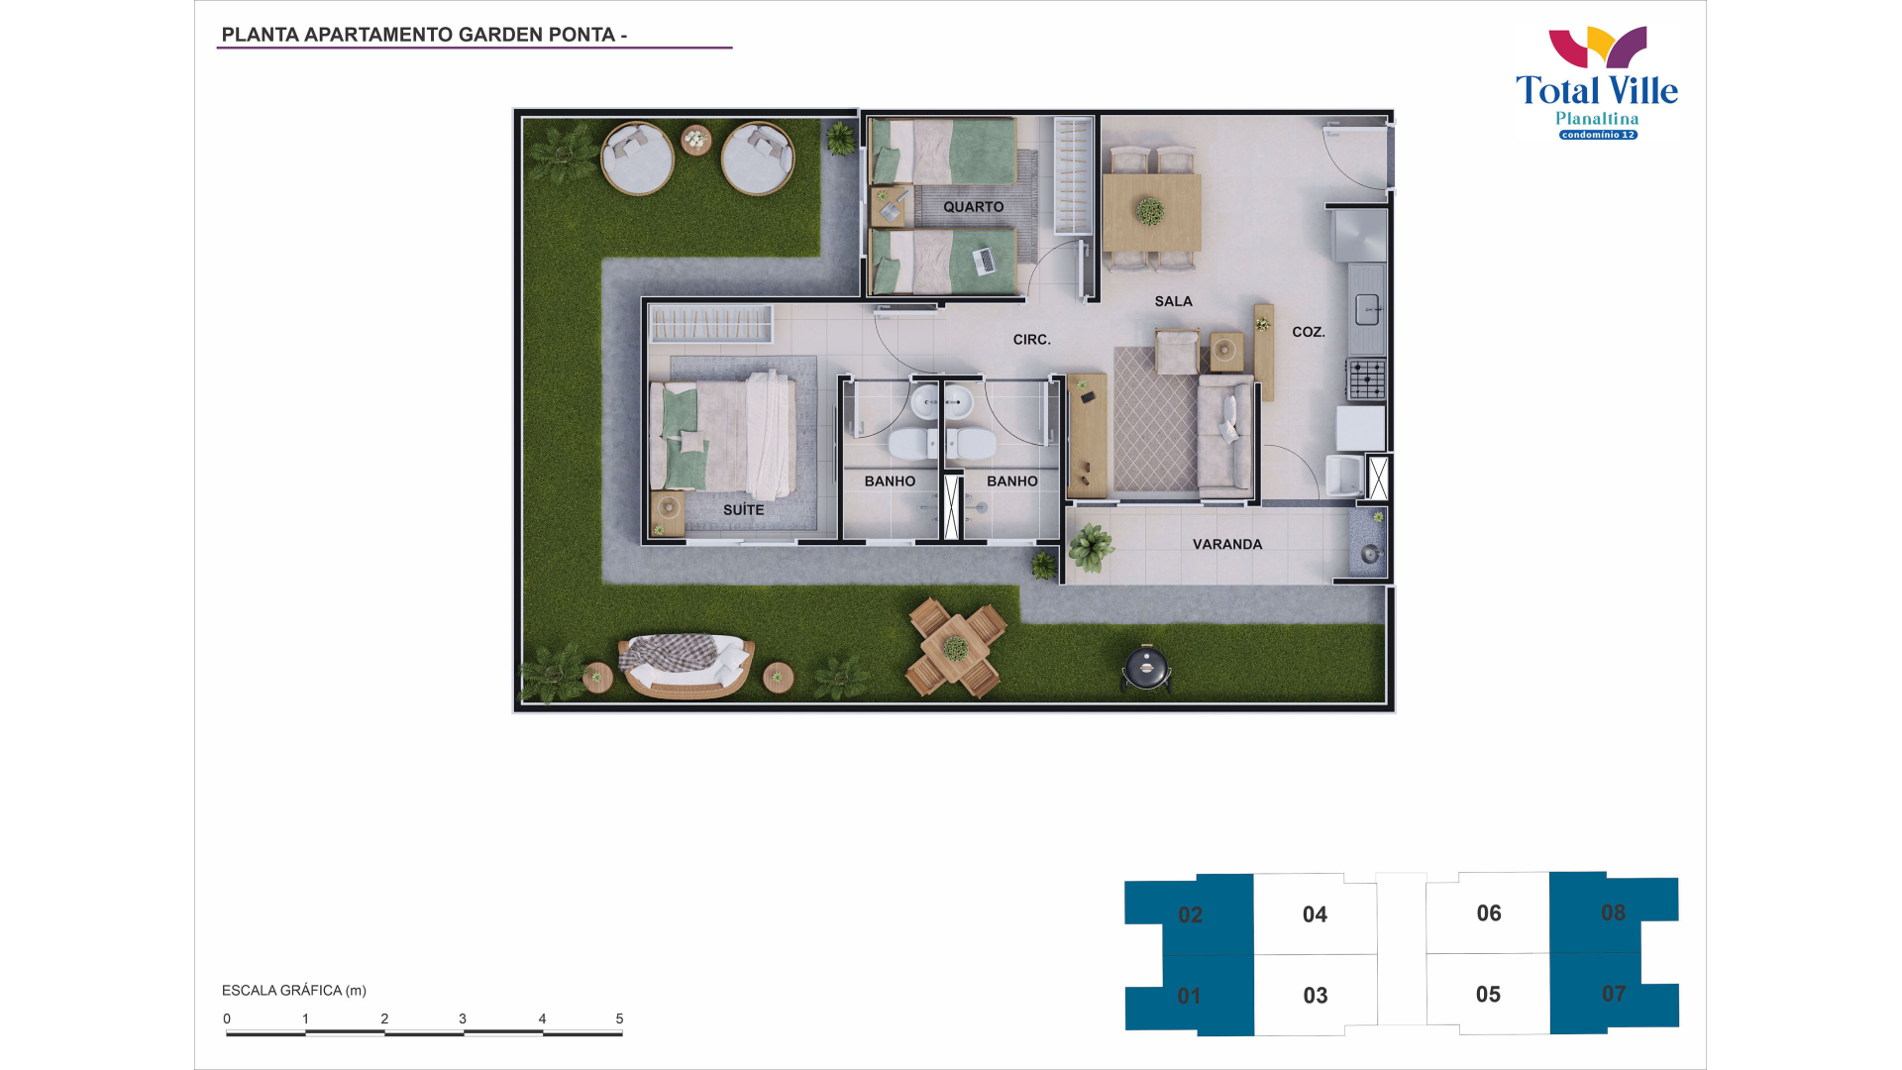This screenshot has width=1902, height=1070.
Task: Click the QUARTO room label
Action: pos(973,207)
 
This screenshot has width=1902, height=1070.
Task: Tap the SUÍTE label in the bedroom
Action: pos(743,509)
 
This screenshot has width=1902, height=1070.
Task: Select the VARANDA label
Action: pos(1227,544)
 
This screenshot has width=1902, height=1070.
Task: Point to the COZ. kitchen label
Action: pos(1309,332)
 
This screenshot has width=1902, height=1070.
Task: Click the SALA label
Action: pos(1173,301)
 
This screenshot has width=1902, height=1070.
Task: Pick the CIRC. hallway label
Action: pos(1031,340)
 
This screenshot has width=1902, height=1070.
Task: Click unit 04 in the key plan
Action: pos(1315,914)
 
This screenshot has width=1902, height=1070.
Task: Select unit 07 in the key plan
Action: pos(1614,993)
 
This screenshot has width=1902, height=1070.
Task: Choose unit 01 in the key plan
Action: pos(1189,996)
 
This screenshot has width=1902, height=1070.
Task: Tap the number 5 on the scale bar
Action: pos(619,1018)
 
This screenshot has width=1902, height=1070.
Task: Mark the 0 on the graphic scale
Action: pos(227,1018)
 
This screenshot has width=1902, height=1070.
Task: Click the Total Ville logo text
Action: pos(1597,91)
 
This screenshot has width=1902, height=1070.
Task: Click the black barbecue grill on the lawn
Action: pos(1147,668)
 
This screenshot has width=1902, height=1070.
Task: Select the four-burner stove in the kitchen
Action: pos(1366,379)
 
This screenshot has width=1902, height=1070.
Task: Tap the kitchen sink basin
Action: pos(1367,310)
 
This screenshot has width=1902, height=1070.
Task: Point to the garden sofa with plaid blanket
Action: pos(686,666)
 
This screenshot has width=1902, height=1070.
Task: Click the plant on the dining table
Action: pos(1150,211)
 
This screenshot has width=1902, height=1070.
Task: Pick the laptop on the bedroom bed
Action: pos(985,261)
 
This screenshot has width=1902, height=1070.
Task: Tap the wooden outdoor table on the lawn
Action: pos(956,649)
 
